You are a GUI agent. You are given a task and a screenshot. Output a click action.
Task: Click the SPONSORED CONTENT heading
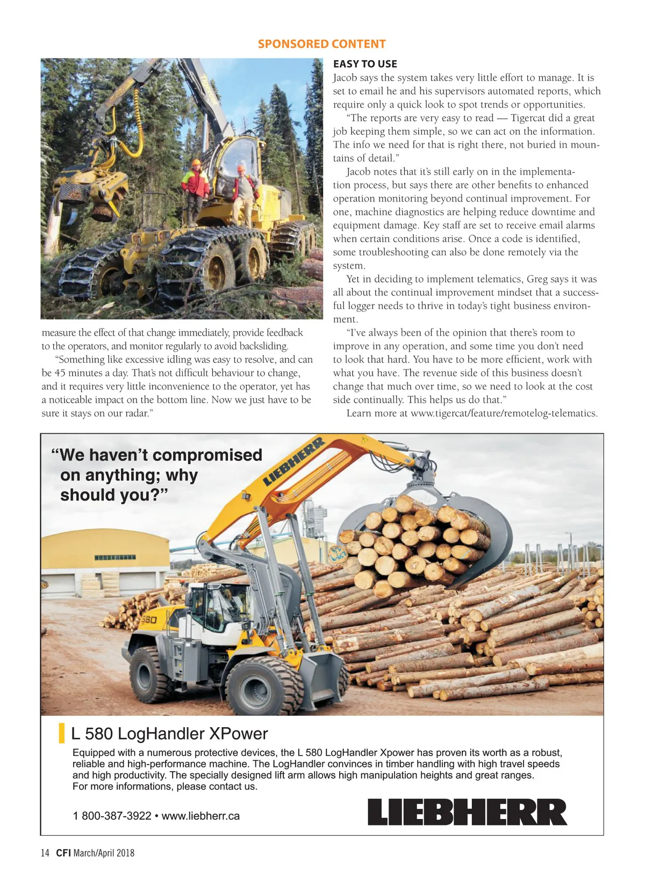(x=321, y=44)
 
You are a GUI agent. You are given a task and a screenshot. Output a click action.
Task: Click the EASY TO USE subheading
(x=365, y=64)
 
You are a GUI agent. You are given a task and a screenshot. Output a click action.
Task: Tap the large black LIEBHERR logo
(x=467, y=811)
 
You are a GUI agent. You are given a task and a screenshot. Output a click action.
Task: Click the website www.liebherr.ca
(x=200, y=816)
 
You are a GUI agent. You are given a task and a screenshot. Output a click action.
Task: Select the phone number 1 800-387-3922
(x=112, y=816)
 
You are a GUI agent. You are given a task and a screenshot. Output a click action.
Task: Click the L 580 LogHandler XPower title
(x=169, y=734)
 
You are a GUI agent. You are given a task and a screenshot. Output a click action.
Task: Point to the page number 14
(x=45, y=853)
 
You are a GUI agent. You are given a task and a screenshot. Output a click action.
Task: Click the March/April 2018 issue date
(x=104, y=853)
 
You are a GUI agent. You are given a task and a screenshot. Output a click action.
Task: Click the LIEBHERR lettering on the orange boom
(x=294, y=461)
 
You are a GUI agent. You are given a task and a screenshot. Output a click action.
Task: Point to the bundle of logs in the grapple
(x=414, y=542)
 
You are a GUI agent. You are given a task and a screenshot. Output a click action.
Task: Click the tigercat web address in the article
(x=504, y=414)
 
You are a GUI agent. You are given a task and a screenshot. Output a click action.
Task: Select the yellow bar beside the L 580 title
(x=62, y=734)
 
